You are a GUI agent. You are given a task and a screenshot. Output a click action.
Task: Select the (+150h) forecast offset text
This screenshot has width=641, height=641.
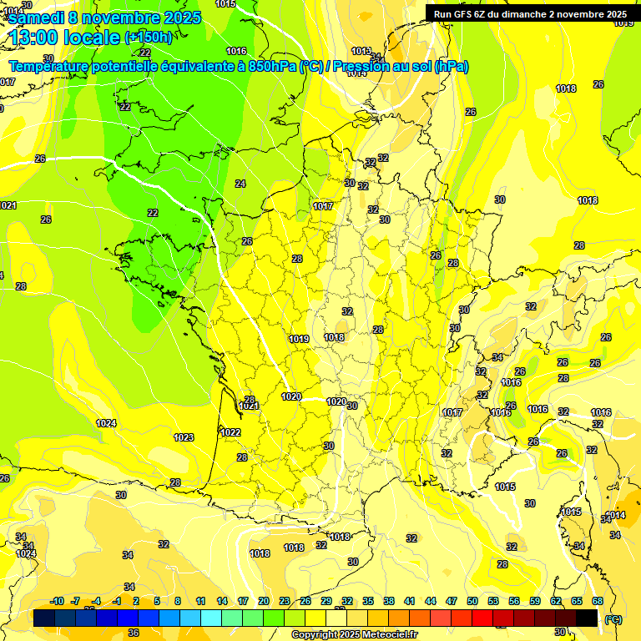click(148, 37)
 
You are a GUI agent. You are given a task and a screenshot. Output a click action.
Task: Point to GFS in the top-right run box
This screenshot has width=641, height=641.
click(463, 13)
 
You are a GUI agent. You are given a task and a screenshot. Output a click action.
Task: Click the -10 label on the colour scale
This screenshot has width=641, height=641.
click(57, 602)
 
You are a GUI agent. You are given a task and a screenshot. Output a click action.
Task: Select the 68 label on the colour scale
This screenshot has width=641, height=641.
click(598, 602)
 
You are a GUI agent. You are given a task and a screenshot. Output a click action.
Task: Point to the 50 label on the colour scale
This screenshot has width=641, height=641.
click(472, 602)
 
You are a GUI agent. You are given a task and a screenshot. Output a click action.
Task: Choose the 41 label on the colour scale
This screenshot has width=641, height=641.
click(410, 602)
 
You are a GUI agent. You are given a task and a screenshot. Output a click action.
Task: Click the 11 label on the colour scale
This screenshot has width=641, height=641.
click(201, 602)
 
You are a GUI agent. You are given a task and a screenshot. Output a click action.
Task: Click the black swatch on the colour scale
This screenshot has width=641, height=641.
click(588, 618)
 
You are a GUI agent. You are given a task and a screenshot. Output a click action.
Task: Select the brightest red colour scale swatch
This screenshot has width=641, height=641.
click(483, 618)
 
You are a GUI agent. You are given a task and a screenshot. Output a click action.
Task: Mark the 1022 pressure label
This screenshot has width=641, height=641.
click(231, 432)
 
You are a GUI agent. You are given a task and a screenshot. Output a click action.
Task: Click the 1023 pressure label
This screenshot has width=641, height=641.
click(184, 437)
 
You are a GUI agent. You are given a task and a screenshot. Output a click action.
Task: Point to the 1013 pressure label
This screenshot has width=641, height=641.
click(361, 51)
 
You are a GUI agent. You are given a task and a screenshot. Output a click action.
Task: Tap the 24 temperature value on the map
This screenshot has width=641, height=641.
click(240, 184)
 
